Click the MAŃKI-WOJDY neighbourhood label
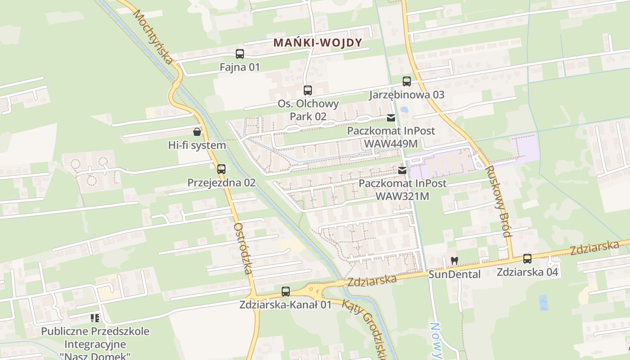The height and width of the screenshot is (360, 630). (x=318, y=43)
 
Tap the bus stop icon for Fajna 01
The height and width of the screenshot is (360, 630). (x=240, y=54)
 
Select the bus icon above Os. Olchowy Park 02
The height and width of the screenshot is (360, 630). (x=308, y=90)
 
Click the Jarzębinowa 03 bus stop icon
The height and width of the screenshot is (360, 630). (x=407, y=81)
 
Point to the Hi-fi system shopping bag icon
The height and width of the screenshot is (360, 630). (x=197, y=132)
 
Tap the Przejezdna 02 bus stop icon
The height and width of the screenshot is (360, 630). (x=221, y=169)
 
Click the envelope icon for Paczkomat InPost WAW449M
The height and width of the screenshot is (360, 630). (x=391, y=118)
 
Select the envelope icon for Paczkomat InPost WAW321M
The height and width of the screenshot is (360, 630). (x=402, y=171)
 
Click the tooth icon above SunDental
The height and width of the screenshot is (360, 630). (x=454, y=261)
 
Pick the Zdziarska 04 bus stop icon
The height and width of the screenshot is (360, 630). (x=527, y=259)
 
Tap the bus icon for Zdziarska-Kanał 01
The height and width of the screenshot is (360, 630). (x=286, y=292)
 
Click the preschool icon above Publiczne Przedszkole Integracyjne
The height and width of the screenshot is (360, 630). (x=95, y=318)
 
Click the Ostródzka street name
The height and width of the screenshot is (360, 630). (x=243, y=248)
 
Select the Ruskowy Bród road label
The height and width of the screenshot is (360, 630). (x=499, y=201)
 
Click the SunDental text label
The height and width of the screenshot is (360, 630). (x=454, y=274)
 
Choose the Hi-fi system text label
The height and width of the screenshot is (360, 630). (x=197, y=145)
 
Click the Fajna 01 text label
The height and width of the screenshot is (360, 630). (x=240, y=67)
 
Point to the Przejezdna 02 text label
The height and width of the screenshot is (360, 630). (x=221, y=183)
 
